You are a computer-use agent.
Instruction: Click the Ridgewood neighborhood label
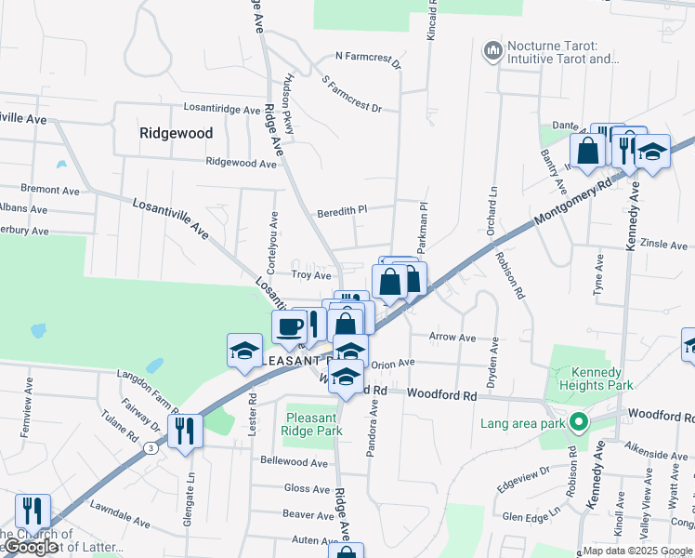point(176,133)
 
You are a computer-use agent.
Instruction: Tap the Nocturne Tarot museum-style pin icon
point(492,48)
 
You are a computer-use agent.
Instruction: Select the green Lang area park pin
point(579,424)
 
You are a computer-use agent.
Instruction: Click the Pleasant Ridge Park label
point(315,424)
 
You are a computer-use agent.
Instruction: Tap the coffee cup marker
point(290,326)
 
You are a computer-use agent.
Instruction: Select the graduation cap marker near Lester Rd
point(244,351)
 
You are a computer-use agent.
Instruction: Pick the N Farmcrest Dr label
point(368,61)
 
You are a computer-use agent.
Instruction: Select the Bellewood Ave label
point(295,462)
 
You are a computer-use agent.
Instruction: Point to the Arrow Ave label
point(452,338)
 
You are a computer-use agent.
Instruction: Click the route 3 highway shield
point(150,447)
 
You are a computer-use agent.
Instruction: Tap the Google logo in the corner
point(31,548)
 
